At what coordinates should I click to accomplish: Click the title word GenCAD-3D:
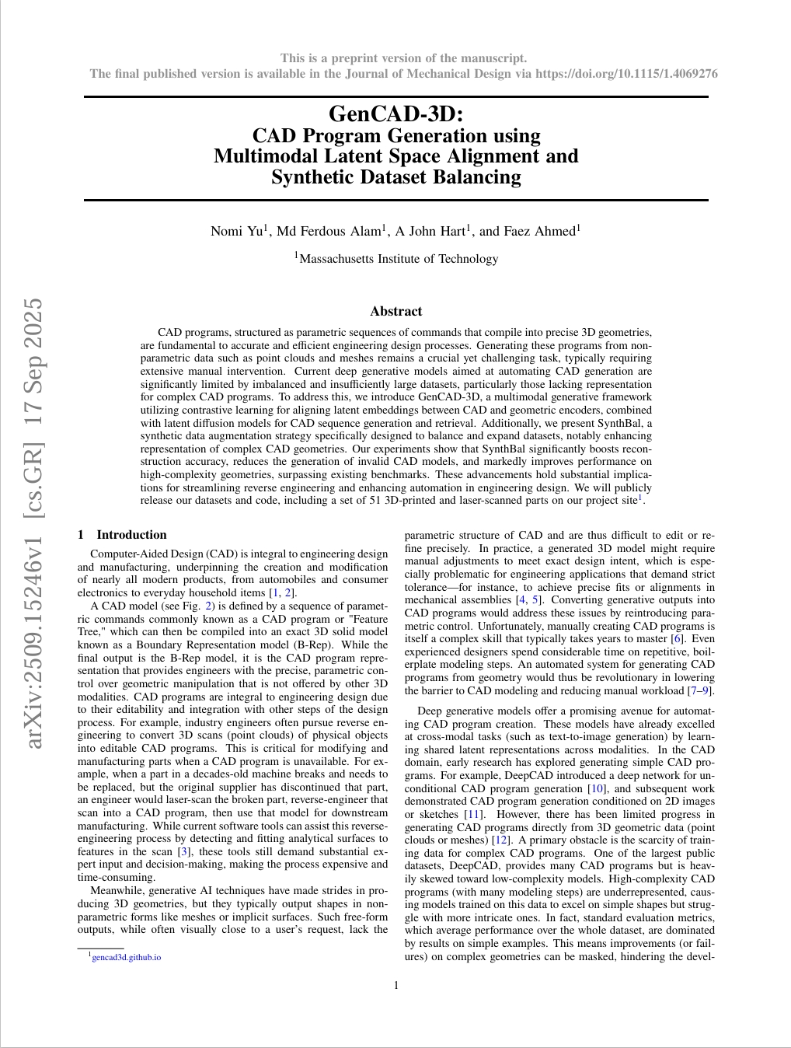pos(395,114)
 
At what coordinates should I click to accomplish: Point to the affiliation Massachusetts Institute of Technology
pos(399,259)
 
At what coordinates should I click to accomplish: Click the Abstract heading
pos(395,311)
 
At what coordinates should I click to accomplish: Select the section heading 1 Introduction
pos(122,535)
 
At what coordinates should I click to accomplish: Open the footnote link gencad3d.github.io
pos(126,957)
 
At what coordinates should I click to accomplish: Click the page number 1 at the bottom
pos(396,986)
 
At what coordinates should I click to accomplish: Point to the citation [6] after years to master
pos(678,639)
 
